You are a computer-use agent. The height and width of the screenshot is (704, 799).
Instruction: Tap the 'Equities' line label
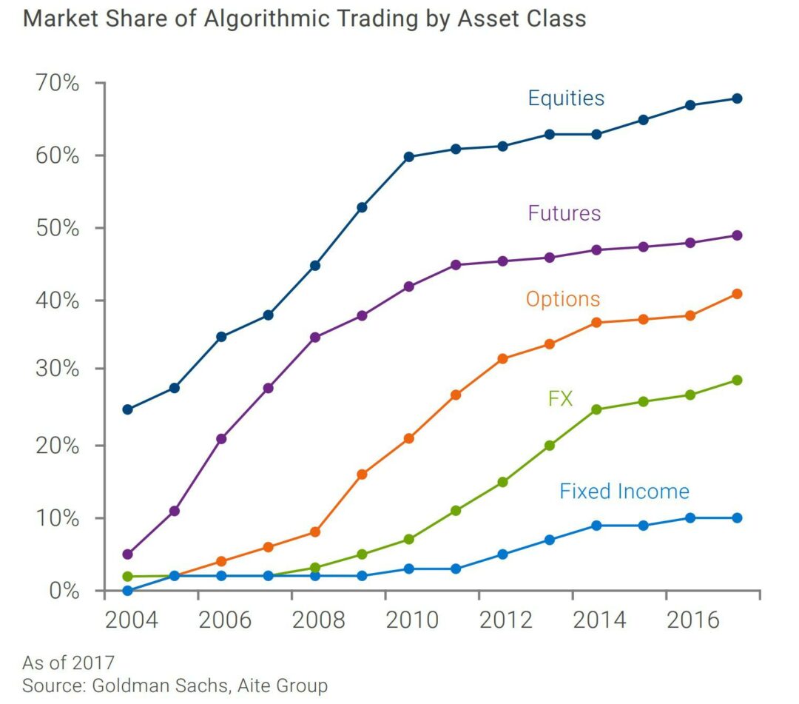pyautogui.click(x=566, y=98)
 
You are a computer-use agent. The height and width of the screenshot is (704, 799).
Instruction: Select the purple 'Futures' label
pyautogui.click(x=564, y=213)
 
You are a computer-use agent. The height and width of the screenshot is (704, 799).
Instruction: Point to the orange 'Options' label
pyautogui.click(x=562, y=299)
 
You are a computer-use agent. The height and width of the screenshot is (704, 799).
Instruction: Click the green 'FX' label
pyautogui.click(x=560, y=399)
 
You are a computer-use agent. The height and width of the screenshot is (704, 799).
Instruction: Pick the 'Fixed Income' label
pyautogui.click(x=624, y=492)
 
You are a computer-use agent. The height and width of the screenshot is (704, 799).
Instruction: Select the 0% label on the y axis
pyautogui.click(x=63, y=591)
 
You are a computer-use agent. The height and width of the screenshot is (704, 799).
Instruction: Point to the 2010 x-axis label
pyautogui.click(x=413, y=620)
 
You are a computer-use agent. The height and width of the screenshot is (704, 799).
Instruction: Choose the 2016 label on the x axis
pyautogui.click(x=693, y=620)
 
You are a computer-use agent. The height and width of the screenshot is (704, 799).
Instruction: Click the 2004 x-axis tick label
pyautogui.click(x=132, y=620)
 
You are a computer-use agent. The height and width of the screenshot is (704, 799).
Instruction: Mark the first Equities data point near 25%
pyautogui.click(x=127, y=409)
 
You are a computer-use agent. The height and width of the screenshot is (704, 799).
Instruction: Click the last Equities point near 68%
pyautogui.click(x=737, y=98)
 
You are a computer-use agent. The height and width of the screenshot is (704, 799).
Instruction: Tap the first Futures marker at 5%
pyautogui.click(x=127, y=554)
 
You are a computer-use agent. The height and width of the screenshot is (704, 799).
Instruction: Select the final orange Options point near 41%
pyautogui.click(x=737, y=294)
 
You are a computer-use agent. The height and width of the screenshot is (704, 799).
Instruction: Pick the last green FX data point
pyautogui.click(x=737, y=381)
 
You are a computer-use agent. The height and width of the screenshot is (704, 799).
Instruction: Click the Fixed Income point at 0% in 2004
pyautogui.click(x=127, y=591)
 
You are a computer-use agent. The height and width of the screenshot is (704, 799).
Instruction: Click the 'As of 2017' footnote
pyautogui.click(x=68, y=662)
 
